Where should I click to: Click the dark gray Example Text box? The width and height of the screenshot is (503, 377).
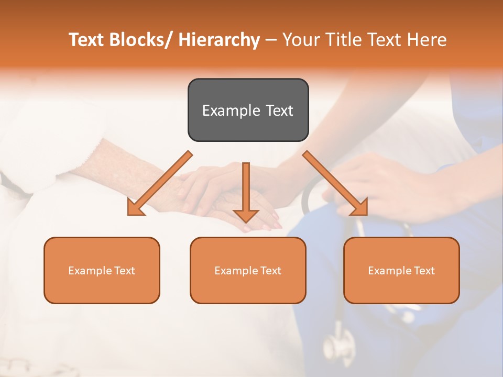click(x=248, y=110)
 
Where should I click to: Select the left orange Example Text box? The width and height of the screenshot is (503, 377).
click(x=102, y=270)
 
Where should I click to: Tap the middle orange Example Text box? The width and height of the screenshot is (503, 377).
click(x=248, y=270)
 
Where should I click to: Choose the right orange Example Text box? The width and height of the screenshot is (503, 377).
click(x=401, y=270)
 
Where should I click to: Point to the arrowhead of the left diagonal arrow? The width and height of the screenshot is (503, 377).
click(x=135, y=208)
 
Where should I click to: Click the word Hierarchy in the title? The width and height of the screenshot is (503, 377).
click(x=219, y=40)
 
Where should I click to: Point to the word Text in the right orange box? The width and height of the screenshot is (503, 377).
click(x=423, y=271)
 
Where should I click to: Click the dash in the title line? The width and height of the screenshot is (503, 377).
click(x=271, y=40)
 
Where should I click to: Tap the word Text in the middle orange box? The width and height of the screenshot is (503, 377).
click(x=270, y=271)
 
